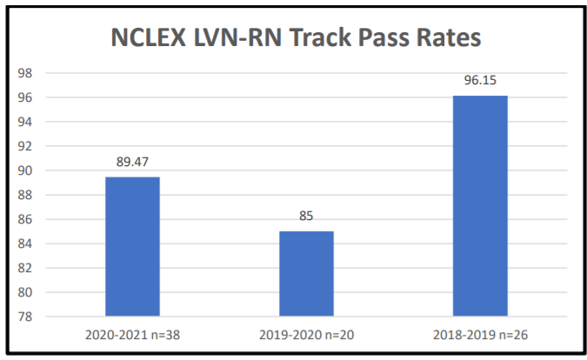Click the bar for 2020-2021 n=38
(x=132, y=246)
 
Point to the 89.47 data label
(x=132, y=161)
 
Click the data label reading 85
(x=306, y=216)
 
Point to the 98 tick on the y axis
(x=26, y=73)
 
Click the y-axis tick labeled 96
(x=26, y=97)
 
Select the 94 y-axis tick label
(x=26, y=122)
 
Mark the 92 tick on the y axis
(x=26, y=146)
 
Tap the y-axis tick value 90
(x=26, y=170)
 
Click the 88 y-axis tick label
(x=26, y=195)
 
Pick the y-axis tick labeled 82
(x=26, y=268)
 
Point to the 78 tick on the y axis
(x=26, y=317)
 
